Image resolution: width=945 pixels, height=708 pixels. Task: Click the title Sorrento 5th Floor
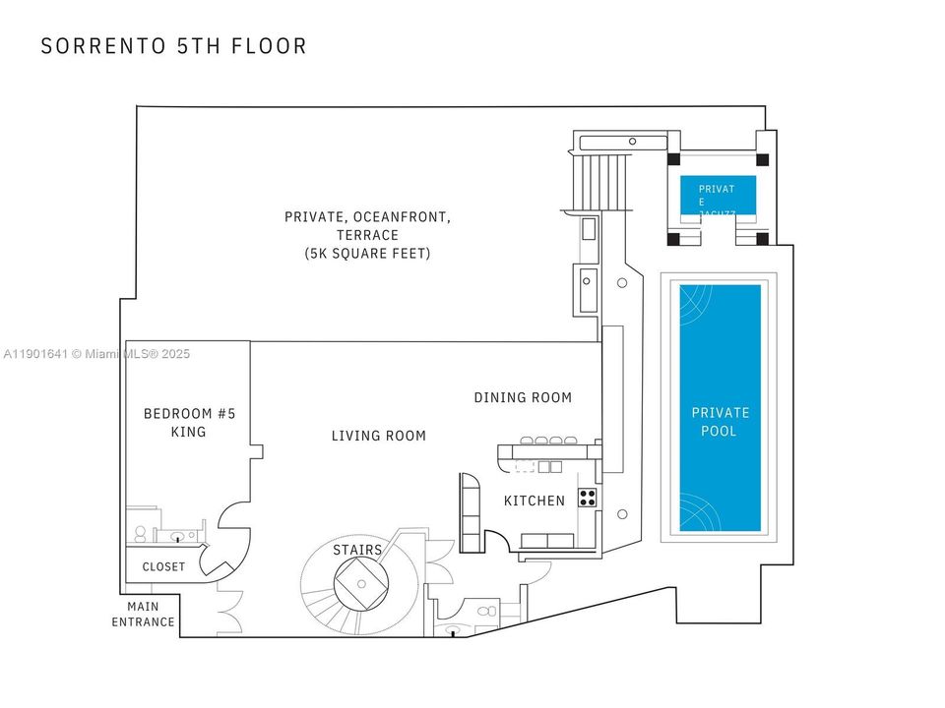(174, 46)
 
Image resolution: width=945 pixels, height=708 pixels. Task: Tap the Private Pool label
(720, 422)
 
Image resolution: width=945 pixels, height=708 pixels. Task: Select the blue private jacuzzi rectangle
(719, 196)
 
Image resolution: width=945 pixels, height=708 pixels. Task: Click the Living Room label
(378, 436)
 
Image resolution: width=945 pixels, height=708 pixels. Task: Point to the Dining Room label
(523, 398)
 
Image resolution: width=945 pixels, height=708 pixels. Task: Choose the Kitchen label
(535, 501)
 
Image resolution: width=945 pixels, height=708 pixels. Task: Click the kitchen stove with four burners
(588, 498)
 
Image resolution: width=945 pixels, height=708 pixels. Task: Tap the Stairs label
(357, 549)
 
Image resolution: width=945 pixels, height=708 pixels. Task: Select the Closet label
(163, 566)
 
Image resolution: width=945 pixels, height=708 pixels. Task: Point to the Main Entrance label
(143, 615)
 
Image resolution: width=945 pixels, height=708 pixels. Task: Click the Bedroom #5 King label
(189, 422)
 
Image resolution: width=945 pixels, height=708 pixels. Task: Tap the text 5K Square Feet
(367, 254)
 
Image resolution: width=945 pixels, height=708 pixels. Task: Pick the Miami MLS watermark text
(97, 354)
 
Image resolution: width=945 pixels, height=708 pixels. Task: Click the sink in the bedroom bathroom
(178, 537)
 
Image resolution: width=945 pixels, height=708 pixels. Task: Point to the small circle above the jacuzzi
(633, 142)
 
